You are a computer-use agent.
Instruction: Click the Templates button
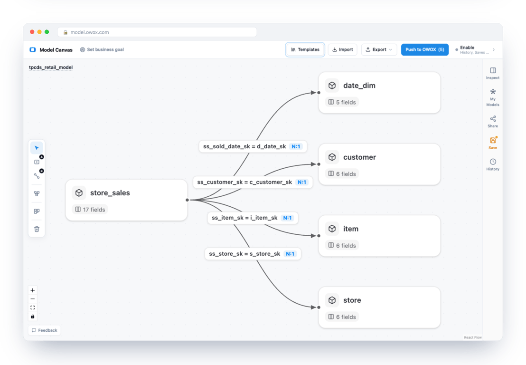coord(305,50)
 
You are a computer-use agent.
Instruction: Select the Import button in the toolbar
coord(342,50)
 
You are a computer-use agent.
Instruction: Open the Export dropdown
coord(379,50)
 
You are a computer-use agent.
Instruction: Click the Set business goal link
coord(102,50)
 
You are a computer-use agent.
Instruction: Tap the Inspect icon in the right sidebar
coord(493,70)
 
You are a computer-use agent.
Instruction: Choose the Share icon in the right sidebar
coord(493,119)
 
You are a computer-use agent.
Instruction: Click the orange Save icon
coord(493,140)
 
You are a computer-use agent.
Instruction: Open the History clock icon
coord(493,162)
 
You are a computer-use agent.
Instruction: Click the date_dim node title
coord(359,86)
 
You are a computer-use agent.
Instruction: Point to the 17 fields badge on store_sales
coord(90,210)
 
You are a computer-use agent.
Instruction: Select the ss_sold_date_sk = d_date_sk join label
coord(244,146)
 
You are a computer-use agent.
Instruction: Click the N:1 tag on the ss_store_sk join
coord(290,254)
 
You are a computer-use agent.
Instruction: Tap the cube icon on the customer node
coord(332,157)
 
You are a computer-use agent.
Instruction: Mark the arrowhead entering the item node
coord(314,236)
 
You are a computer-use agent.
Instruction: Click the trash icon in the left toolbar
coord(37,229)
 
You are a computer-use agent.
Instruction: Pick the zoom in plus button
coord(33,290)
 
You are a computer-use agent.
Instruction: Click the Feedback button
coord(45,330)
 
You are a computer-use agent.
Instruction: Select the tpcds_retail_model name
coord(51,67)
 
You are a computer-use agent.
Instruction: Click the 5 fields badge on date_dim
coord(342,102)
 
